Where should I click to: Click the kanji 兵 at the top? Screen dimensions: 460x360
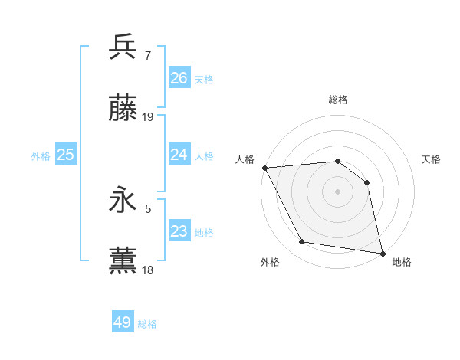[x=123, y=47]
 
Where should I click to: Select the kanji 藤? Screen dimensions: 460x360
[x=123, y=110]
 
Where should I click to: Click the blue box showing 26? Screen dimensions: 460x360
[x=179, y=78]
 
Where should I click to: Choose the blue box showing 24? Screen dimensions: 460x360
[x=179, y=155]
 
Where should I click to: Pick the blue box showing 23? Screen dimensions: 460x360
[x=179, y=231]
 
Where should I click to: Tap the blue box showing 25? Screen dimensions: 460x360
[x=66, y=155]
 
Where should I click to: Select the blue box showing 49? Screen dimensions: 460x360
[x=123, y=322]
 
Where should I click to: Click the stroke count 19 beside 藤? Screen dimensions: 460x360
[x=148, y=117]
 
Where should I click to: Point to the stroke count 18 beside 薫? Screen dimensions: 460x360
[x=148, y=270]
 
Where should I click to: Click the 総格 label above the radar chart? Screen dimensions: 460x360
[x=337, y=100]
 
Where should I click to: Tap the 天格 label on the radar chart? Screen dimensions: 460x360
[x=431, y=159]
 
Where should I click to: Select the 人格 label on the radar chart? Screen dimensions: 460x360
[x=245, y=159]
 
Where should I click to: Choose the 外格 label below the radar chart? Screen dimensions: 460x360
[x=270, y=262]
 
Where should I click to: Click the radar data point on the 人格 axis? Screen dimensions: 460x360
[x=264, y=168]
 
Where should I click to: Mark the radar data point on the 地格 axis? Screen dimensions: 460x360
[x=382, y=253]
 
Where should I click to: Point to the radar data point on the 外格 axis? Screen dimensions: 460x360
[x=302, y=242]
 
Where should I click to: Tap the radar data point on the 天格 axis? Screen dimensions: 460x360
[x=366, y=182]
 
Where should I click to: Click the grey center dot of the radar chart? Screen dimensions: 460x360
[x=337, y=191]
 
